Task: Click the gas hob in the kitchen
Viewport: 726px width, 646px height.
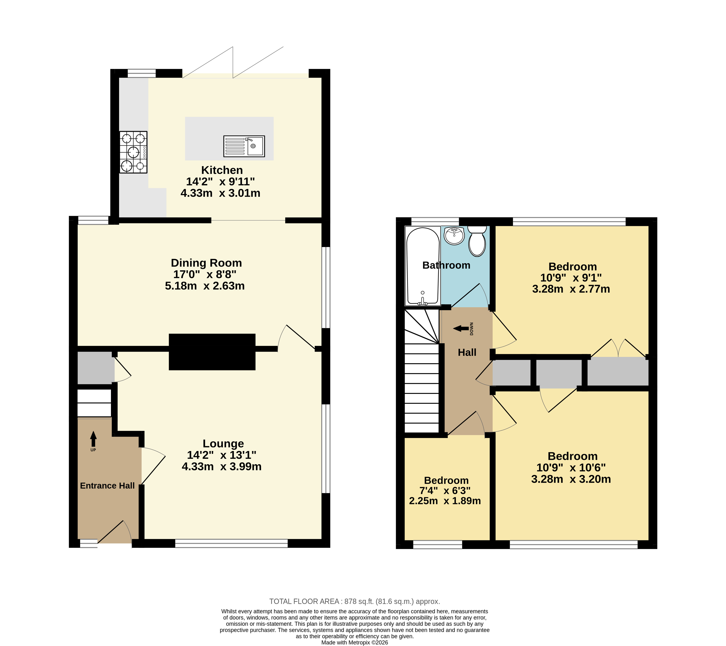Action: click(x=133, y=152)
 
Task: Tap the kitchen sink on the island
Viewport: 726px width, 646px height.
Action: click(x=244, y=146)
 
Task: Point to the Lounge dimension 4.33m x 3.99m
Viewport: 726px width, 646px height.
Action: click(x=222, y=466)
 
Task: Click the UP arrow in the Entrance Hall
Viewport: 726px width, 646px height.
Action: click(x=93, y=439)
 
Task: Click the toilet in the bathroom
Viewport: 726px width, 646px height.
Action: click(x=477, y=241)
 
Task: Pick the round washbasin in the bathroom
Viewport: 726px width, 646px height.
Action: click(x=454, y=236)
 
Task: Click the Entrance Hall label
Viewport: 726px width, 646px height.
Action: click(x=107, y=486)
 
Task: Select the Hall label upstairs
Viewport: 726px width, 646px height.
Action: click(x=467, y=352)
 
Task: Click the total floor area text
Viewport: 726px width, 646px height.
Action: click(x=355, y=591)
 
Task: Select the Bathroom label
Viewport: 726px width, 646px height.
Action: click(x=446, y=265)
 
